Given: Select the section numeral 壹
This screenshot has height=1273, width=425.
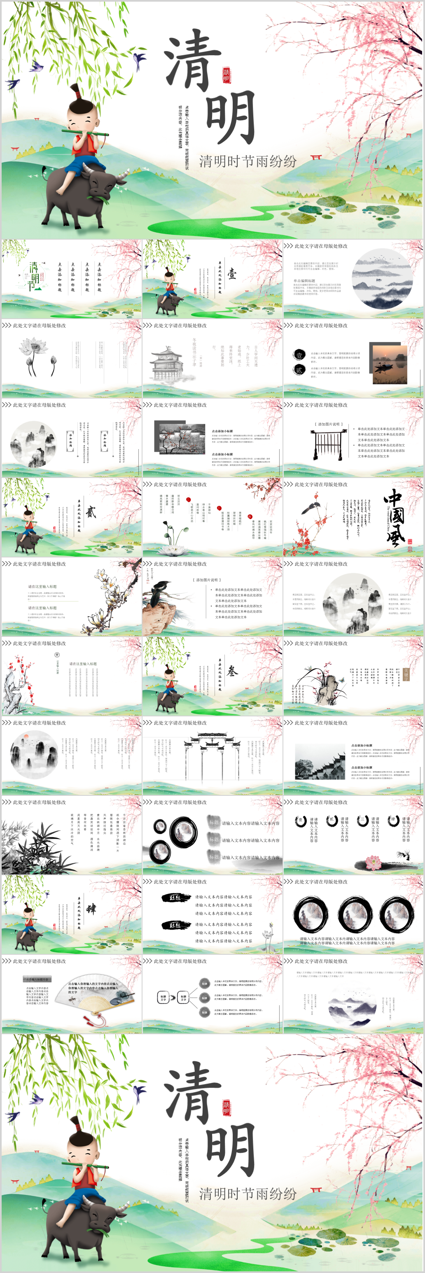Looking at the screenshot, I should [x=232, y=274].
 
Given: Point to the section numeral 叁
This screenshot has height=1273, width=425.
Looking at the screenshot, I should [x=232, y=671].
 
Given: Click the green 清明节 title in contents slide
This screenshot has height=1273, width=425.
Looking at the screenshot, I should [x=34, y=277].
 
